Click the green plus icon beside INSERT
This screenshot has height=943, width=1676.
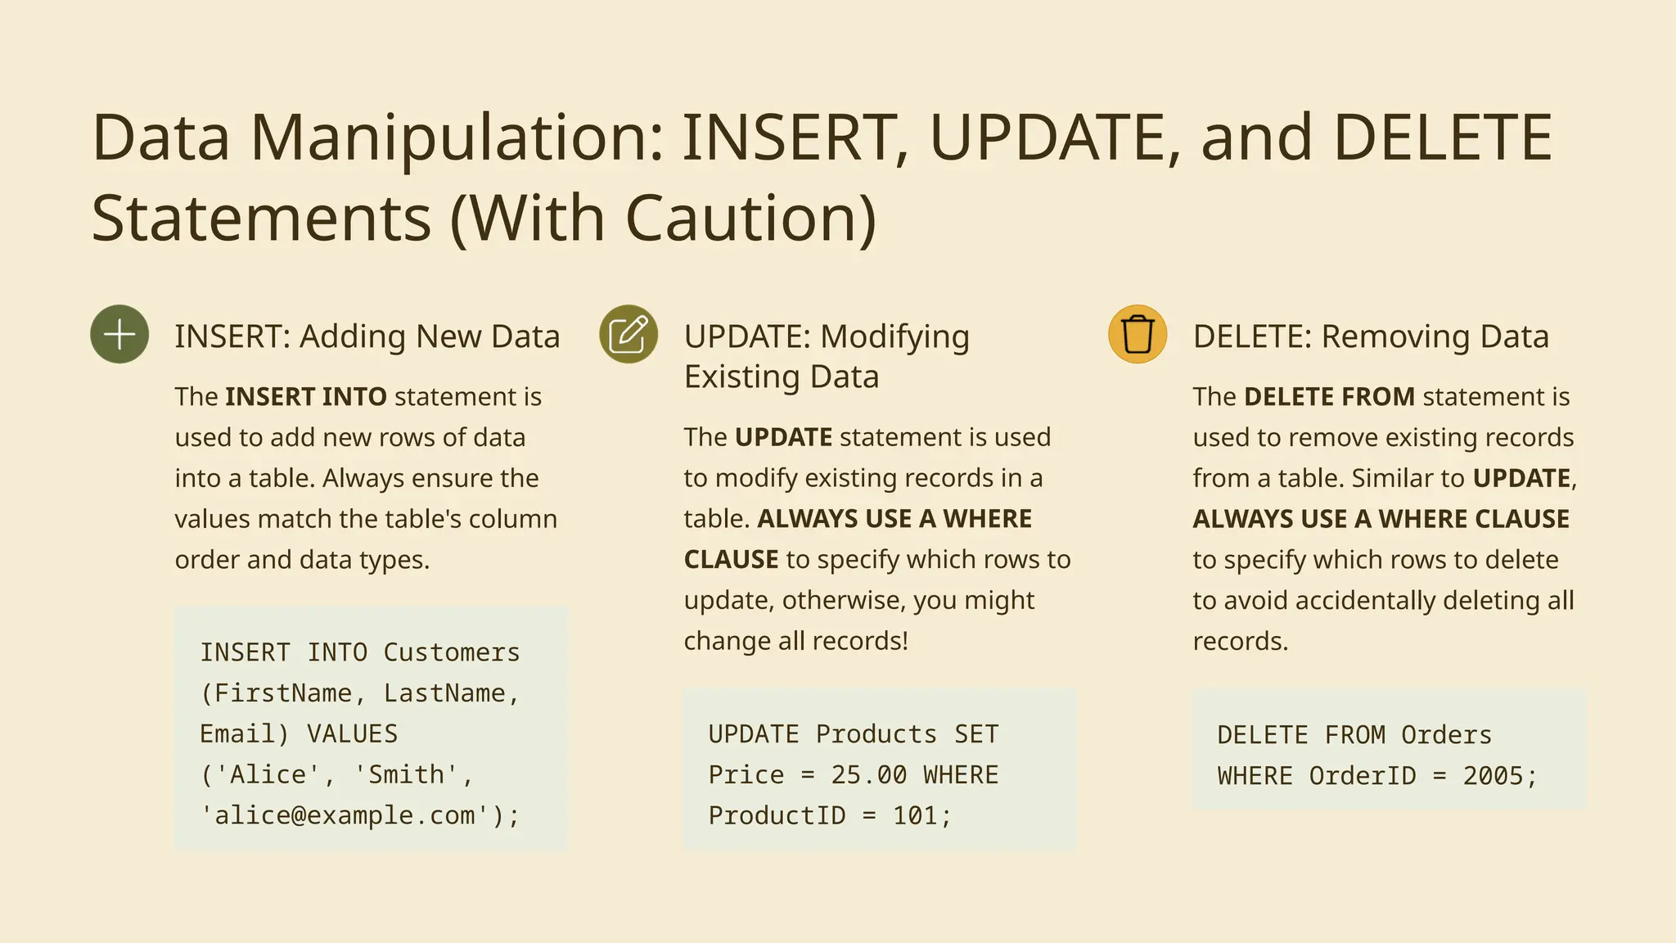pos(119,334)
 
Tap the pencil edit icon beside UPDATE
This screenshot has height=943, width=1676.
pos(628,334)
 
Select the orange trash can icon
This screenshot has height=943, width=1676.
pos(1138,334)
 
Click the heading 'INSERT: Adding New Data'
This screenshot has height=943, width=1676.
pos(367,336)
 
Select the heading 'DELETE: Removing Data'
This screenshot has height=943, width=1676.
pos(1371,336)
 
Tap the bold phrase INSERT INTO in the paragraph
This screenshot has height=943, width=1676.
pos(305,397)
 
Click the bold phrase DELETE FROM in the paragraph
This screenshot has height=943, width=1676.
pos(1329,397)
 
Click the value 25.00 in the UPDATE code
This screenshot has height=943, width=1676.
pos(869,775)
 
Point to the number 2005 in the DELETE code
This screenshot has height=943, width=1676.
pos(1493,776)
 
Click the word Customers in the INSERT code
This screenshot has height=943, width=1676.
pos(451,652)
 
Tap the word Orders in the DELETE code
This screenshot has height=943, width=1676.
pos(1446,735)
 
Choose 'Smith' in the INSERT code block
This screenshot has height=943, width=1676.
pos(406,774)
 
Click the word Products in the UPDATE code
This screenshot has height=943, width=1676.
pos(876,734)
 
